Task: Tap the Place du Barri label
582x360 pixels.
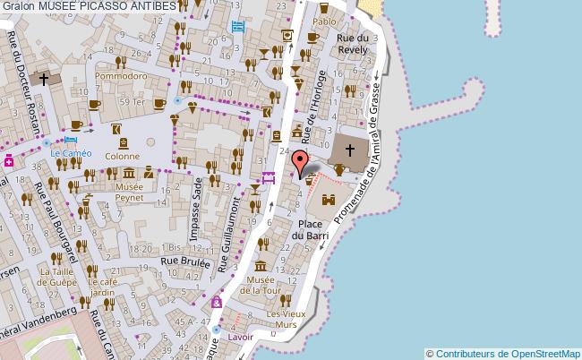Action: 311,229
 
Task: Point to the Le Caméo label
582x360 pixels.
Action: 67,153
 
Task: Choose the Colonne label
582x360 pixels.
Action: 123,155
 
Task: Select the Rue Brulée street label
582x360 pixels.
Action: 184,262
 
